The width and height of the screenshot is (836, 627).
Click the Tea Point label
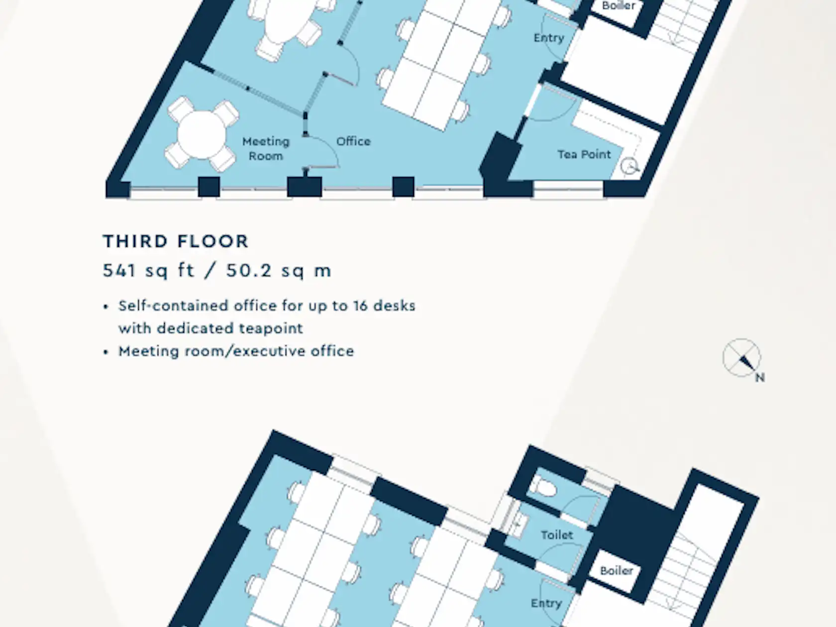(584, 154)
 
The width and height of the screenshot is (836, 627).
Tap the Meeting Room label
(266, 149)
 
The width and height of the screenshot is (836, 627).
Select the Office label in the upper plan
(353, 141)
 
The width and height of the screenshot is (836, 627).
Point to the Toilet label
(557, 535)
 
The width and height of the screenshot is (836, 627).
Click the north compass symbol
(741, 357)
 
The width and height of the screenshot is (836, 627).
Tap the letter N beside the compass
(760, 378)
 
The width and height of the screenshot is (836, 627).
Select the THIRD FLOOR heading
(176, 241)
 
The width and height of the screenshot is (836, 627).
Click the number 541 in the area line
(119, 271)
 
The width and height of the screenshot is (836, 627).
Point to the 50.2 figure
(249, 271)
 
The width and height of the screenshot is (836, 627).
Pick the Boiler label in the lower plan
(616, 571)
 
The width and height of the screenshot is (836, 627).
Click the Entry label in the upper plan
(548, 38)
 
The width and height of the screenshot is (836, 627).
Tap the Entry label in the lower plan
(546, 604)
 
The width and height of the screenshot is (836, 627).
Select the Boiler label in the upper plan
(619, 5)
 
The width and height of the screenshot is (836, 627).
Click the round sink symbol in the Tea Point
(628, 166)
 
